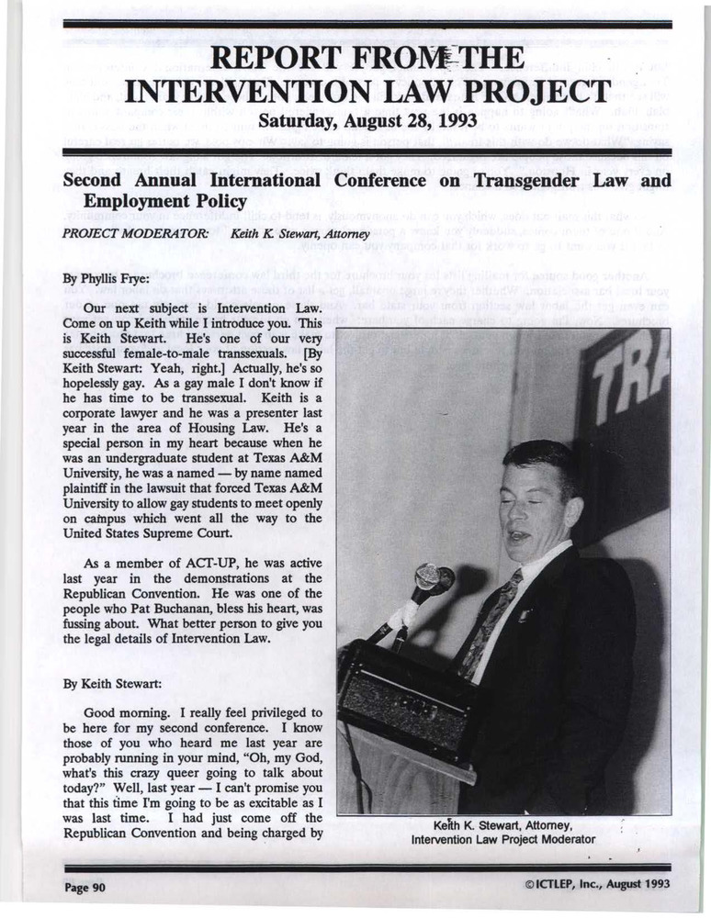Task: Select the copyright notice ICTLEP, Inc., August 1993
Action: coord(596,884)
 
